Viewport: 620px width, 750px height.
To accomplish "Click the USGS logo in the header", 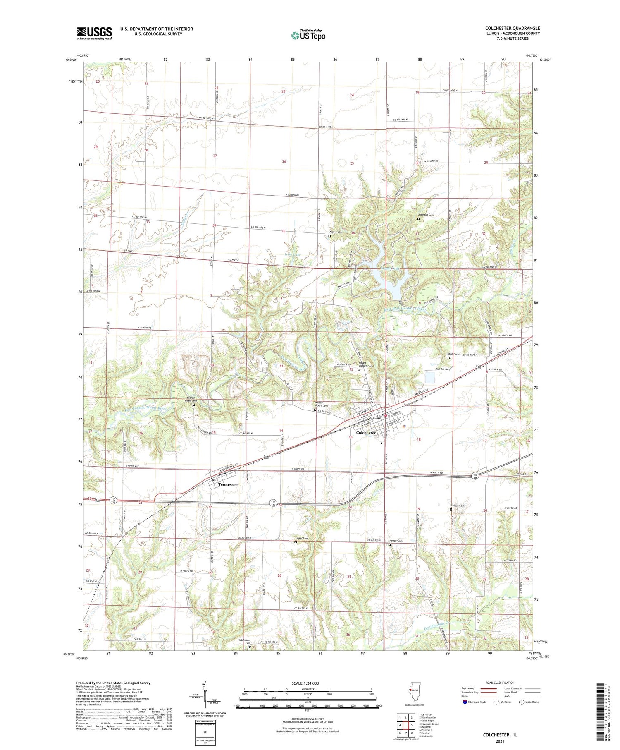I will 94,33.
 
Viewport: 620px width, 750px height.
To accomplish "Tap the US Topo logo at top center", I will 308,36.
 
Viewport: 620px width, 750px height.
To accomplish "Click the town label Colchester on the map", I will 366,433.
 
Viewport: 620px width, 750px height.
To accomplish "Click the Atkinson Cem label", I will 425,215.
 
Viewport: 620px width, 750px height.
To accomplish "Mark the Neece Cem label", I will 396,541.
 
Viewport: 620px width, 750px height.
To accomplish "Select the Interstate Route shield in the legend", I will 465,702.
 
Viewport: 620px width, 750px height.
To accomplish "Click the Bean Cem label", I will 453,354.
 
